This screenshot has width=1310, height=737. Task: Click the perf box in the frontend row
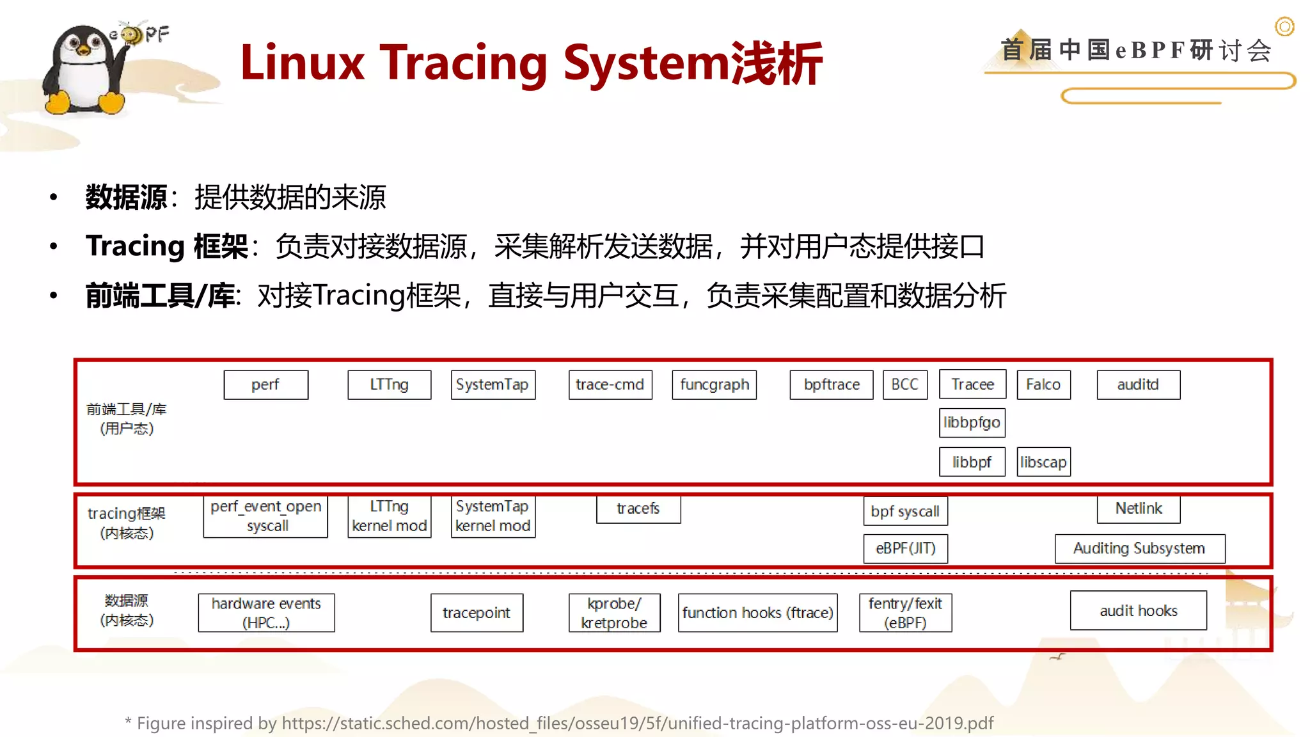(265, 384)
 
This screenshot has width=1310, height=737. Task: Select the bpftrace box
(831, 384)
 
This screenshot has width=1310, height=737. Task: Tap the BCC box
(904, 384)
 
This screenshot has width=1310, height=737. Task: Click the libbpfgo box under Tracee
(972, 422)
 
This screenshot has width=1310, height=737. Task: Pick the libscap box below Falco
(1043, 462)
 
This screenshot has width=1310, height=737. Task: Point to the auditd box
(1138, 384)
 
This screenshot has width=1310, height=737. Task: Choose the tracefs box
(638, 509)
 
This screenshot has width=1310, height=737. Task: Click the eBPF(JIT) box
(905, 548)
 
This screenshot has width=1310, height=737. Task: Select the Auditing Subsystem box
(1139, 548)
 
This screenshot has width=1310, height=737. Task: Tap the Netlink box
(1138, 509)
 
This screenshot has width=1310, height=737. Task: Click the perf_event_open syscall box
(265, 516)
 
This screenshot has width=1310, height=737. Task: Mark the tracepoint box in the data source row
(477, 613)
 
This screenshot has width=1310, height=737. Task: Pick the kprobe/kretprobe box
(614, 613)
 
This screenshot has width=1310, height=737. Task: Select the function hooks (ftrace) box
(757, 613)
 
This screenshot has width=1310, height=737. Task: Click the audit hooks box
(1138, 611)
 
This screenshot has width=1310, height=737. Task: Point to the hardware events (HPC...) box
(266, 613)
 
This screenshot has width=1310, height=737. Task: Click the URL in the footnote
(637, 723)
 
